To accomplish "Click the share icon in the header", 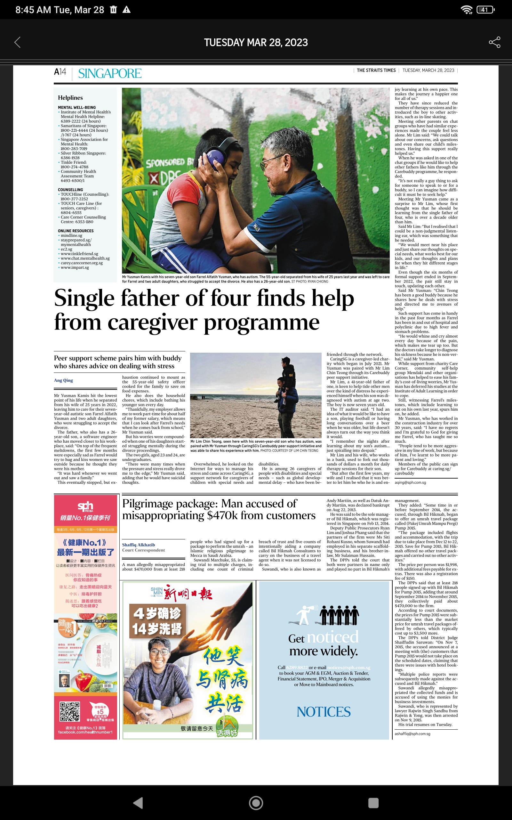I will coord(494,42).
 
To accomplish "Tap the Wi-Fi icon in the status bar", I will coord(467,10).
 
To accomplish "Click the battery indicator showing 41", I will coord(485,10).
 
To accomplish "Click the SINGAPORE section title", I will coord(110,74).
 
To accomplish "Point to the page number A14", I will coord(60,72).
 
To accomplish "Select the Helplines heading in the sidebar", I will coord(70,98).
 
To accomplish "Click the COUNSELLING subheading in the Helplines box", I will coord(70,190).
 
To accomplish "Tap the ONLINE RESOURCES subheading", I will coord(76,231).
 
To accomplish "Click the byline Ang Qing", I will coord(63,380).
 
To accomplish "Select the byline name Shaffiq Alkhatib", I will coord(139,545).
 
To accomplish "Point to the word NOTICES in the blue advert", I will coord(324,712).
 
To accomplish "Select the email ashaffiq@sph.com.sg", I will coord(412,734).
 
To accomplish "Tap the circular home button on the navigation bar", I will coord(256,803).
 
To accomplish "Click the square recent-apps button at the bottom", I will coord(373,803).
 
